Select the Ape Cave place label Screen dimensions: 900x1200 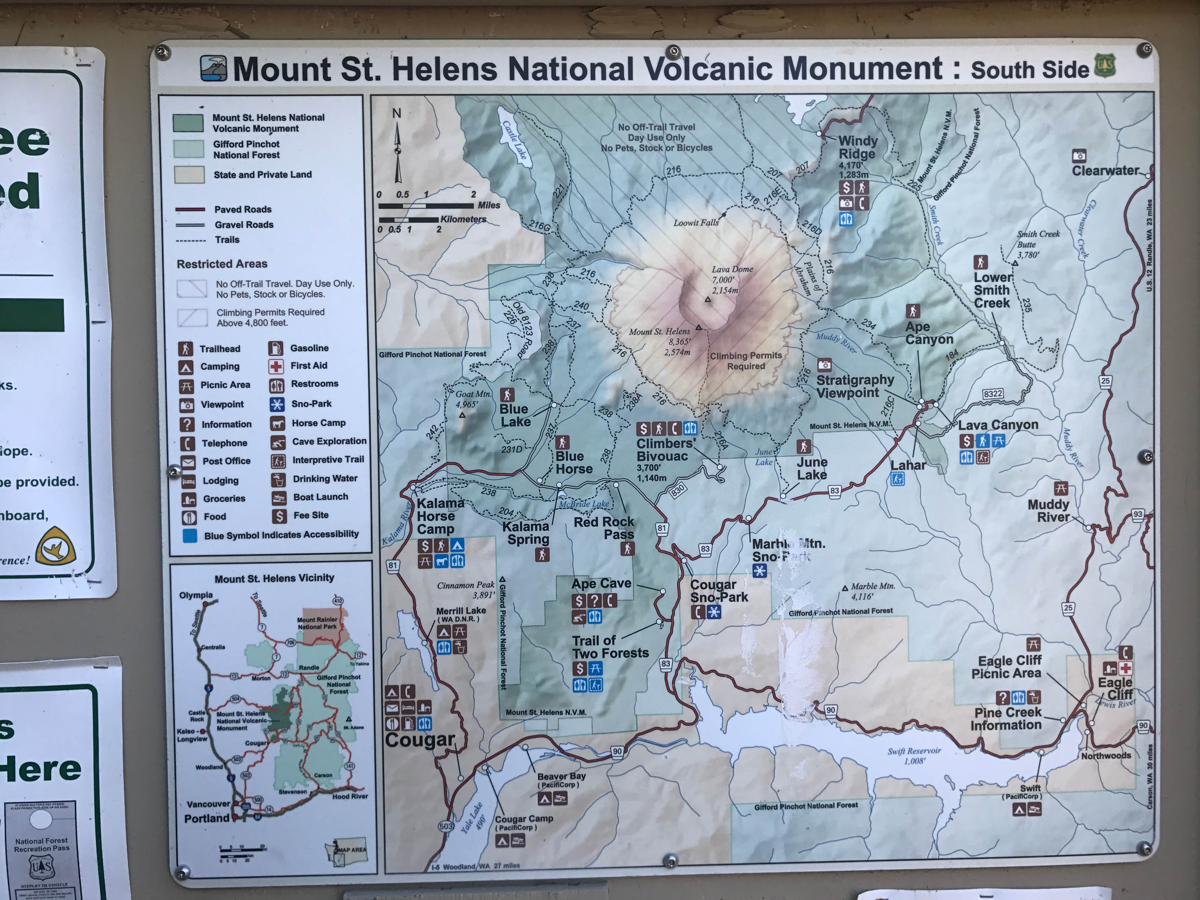coord(601,584)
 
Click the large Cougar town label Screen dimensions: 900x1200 coord(419,740)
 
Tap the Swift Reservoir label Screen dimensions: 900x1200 coord(914,756)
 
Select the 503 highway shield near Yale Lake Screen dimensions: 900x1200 coord(446,826)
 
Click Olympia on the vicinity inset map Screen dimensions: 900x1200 coord(196,595)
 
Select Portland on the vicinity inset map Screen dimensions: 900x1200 coord(207,818)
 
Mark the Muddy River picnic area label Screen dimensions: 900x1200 coord(1048,510)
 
